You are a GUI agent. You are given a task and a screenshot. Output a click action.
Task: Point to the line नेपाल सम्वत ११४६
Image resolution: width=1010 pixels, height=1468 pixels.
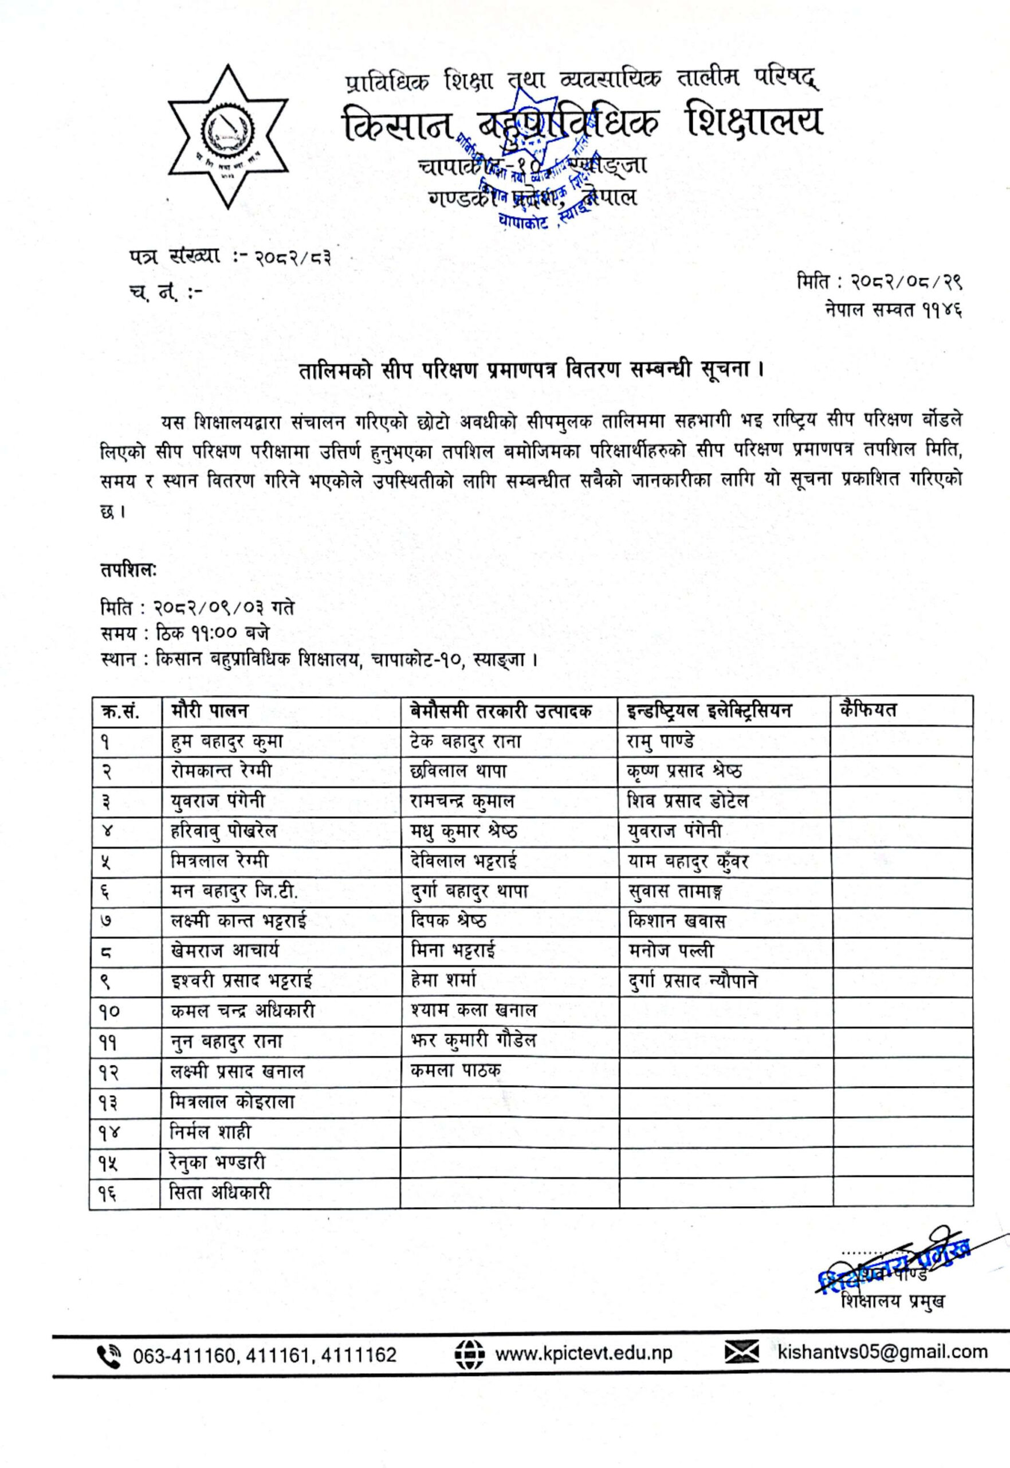click(x=893, y=310)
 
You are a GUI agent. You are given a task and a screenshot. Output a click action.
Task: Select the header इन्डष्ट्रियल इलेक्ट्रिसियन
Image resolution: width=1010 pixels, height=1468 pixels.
click(x=709, y=710)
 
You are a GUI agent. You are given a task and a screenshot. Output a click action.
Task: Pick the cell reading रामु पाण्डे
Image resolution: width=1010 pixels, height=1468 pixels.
click(x=661, y=741)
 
